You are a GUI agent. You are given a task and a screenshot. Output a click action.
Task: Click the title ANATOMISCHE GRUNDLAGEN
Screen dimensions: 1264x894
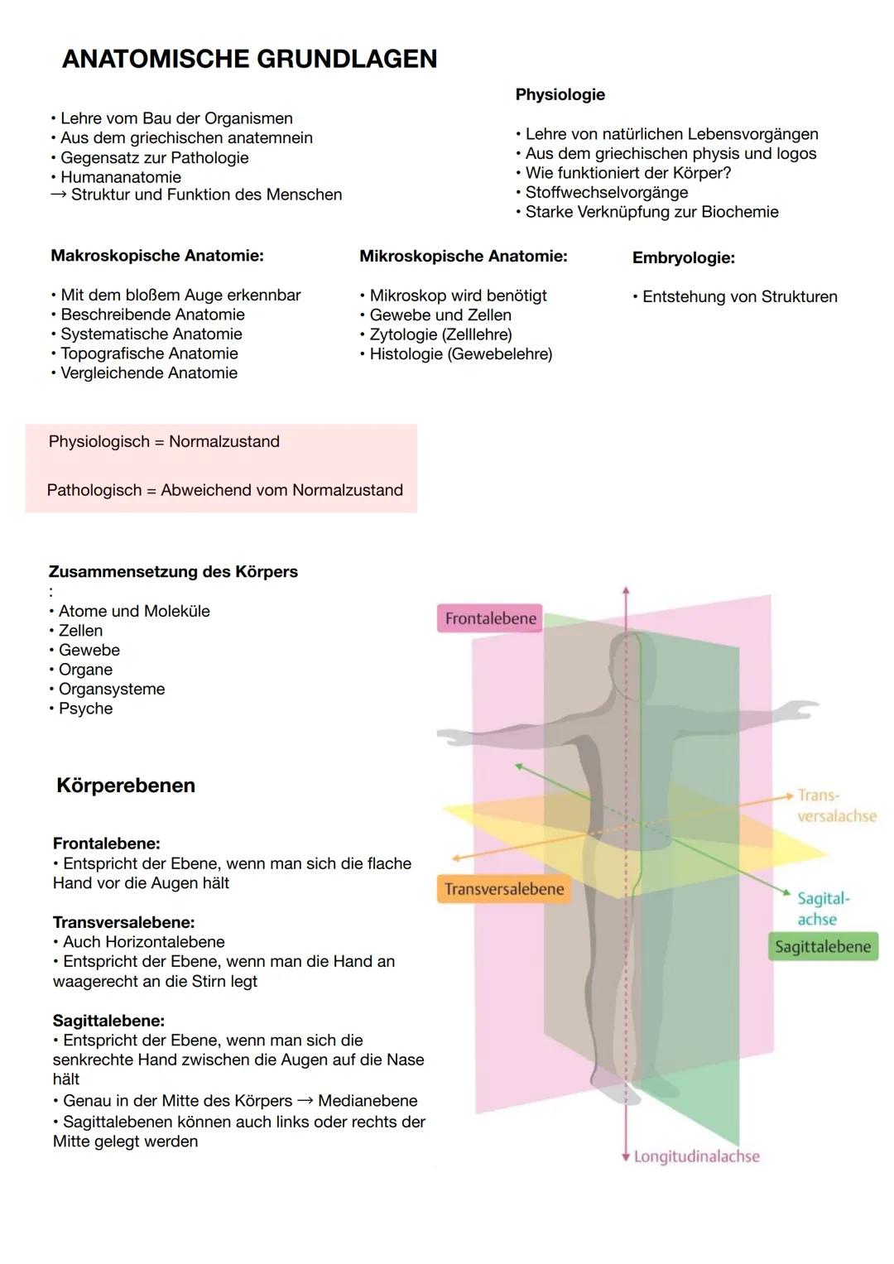(249, 59)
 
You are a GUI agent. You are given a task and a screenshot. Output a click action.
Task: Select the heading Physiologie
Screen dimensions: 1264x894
(560, 94)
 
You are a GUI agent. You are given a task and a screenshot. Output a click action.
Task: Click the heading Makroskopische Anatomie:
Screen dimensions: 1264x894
(157, 256)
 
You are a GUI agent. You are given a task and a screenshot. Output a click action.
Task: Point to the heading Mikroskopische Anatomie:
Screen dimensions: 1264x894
(463, 257)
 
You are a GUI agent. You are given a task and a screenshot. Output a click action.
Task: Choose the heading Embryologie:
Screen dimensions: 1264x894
(683, 257)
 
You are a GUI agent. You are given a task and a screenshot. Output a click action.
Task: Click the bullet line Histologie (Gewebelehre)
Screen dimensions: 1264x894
(460, 354)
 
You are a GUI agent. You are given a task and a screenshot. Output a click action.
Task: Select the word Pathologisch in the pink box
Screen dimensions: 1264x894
(94, 490)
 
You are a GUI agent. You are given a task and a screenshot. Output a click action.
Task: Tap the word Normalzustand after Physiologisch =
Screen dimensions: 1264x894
(224, 441)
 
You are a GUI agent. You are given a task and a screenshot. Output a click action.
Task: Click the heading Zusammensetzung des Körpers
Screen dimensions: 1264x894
(173, 571)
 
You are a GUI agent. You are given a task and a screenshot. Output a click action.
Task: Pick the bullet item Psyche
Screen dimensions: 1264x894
(85, 709)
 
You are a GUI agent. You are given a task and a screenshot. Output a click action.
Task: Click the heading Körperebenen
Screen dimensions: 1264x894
(126, 786)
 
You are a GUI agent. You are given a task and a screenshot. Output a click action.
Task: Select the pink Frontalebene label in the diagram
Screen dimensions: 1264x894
(490, 618)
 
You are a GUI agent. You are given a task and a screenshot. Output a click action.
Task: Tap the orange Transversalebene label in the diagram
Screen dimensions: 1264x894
(503, 889)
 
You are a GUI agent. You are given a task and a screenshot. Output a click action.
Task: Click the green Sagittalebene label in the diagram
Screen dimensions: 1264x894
(822, 947)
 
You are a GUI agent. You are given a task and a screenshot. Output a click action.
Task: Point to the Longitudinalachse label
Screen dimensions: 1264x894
(696, 1156)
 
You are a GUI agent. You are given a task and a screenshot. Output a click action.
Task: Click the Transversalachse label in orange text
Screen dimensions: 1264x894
(835, 805)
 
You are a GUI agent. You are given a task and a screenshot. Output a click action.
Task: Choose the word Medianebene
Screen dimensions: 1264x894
(368, 1101)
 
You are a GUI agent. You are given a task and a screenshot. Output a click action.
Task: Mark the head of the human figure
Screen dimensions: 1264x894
(632, 656)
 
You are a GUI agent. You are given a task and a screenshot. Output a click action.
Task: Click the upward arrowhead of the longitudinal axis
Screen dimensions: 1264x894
(626, 591)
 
